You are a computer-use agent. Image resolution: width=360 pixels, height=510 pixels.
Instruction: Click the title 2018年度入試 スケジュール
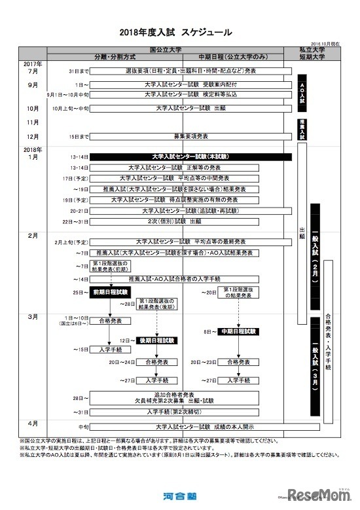176,31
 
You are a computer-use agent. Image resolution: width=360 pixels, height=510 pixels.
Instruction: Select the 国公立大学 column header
165,49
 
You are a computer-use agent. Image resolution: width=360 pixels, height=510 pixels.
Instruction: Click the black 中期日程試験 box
238,332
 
